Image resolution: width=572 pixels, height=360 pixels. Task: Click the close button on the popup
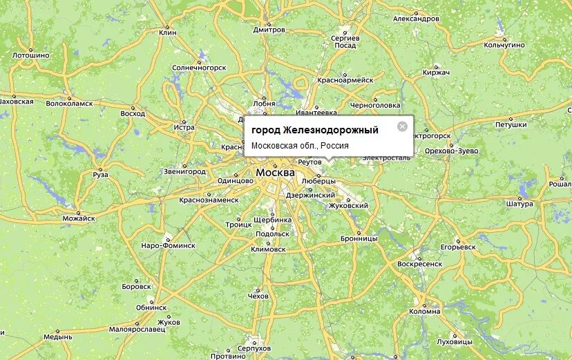(402, 126)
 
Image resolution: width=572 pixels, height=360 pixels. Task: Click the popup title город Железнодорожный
(314, 130)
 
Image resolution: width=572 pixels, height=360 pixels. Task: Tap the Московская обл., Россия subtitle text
(300, 146)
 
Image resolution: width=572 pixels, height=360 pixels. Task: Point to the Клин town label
(168, 32)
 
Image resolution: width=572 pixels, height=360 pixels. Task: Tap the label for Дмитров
(269, 30)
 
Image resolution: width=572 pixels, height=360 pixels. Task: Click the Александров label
(416, 19)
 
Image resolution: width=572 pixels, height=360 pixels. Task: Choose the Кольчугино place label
(506, 45)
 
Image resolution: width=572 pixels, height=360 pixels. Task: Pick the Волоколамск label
(69, 103)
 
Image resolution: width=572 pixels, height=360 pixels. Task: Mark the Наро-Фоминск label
(169, 245)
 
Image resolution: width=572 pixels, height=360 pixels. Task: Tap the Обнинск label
(151, 307)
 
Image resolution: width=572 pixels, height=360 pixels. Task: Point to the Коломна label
(424, 311)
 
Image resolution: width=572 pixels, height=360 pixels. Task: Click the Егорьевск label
(459, 246)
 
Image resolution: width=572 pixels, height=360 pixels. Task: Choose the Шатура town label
(519, 204)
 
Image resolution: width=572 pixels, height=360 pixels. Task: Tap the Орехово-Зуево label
(452, 150)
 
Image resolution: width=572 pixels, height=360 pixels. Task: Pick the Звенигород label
(184, 171)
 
